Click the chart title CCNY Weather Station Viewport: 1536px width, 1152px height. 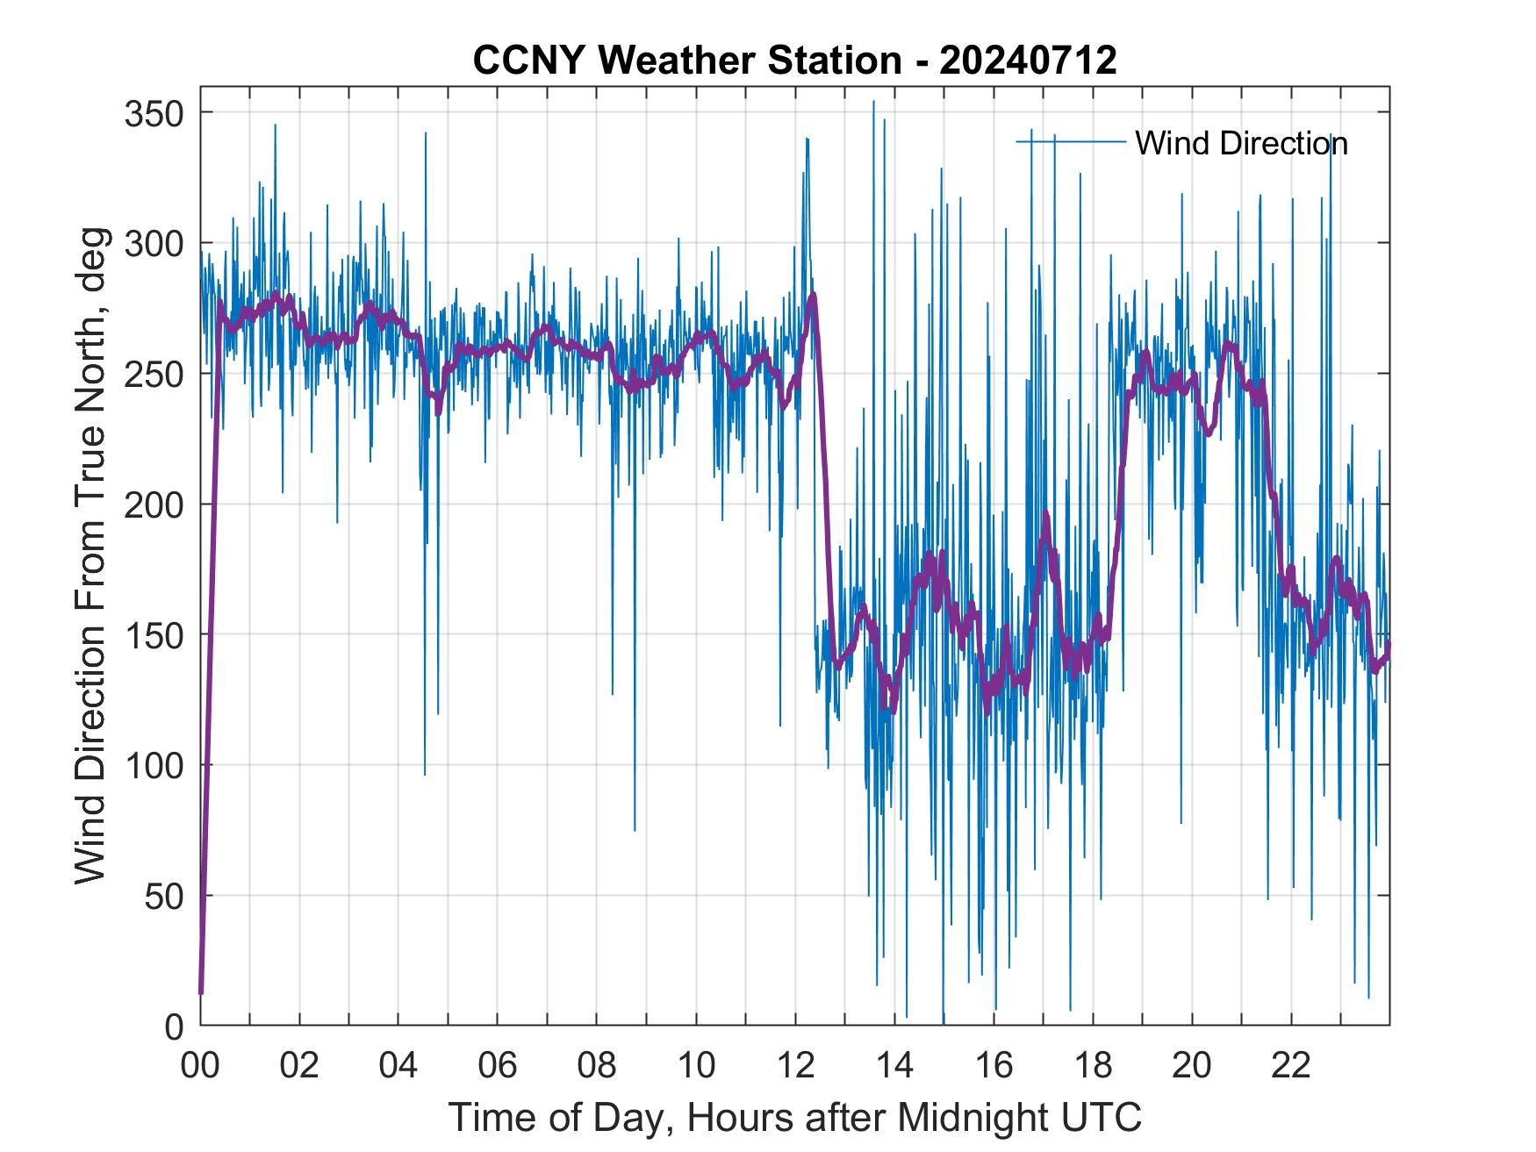pos(686,61)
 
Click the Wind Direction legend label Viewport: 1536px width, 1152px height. pos(1241,143)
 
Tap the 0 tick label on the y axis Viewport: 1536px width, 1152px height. pos(174,1027)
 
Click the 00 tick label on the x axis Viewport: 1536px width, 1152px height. pos(200,1066)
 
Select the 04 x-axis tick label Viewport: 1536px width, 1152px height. pos(398,1066)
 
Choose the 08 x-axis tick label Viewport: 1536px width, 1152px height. pos(597,1066)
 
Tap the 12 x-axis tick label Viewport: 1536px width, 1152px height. pos(795,1066)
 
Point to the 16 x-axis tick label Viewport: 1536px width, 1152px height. pos(994,1066)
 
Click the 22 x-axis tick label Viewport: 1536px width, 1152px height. pos(1291,1066)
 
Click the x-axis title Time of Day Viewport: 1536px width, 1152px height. pos(795,1118)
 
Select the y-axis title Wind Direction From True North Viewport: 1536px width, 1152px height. pos(90,555)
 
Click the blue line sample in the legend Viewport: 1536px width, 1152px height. pos(1070,141)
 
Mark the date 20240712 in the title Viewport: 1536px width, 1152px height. pos(1028,61)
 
